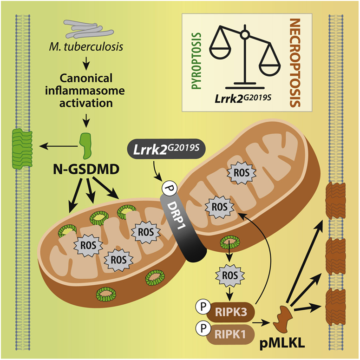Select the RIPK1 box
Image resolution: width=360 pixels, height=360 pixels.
(231, 334)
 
